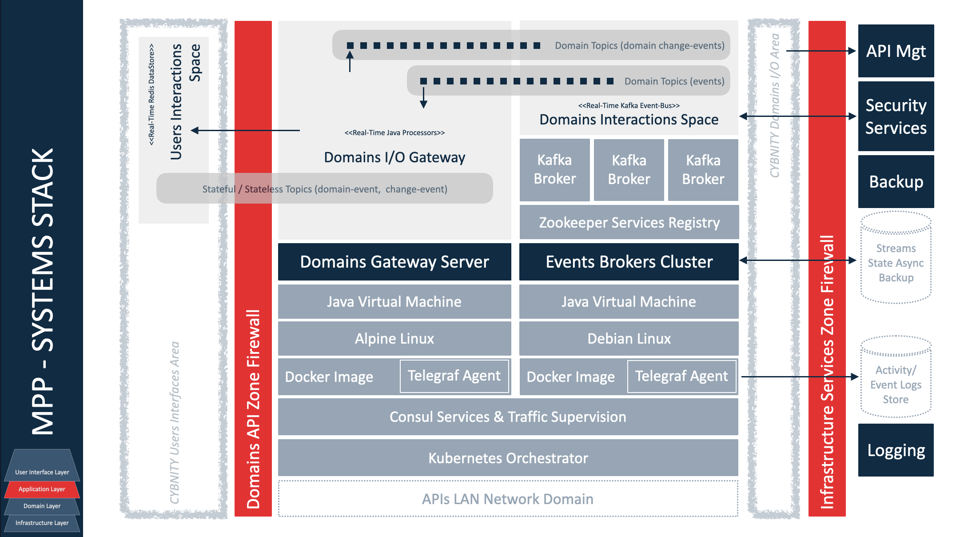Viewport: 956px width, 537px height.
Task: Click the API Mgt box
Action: [x=896, y=51]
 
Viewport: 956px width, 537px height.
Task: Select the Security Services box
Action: [x=896, y=116]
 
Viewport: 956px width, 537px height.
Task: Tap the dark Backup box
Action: [x=896, y=181]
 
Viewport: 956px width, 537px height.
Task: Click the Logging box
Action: [x=896, y=450]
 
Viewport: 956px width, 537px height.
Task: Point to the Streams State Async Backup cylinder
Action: [x=896, y=262]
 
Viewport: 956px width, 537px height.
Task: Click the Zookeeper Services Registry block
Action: [x=629, y=222]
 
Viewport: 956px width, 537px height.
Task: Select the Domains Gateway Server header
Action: [x=394, y=262]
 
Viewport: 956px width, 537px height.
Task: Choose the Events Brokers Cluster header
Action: [x=629, y=262]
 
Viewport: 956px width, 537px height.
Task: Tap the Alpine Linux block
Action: [x=394, y=339]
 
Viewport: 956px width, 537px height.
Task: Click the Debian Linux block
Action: [x=629, y=339]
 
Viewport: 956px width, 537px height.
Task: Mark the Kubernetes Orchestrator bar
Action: [x=508, y=458]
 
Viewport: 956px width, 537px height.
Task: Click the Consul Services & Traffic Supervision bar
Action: [x=508, y=417]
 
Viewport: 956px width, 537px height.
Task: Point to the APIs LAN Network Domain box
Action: [x=508, y=499]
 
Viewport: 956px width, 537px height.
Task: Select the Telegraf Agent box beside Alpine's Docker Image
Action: [x=454, y=376]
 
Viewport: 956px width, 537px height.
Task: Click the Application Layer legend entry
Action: [x=42, y=489]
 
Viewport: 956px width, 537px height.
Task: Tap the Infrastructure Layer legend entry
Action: [x=42, y=523]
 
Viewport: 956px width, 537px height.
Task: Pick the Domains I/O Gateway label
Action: [x=394, y=157]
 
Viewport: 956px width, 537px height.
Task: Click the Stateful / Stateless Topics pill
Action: [x=325, y=189]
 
